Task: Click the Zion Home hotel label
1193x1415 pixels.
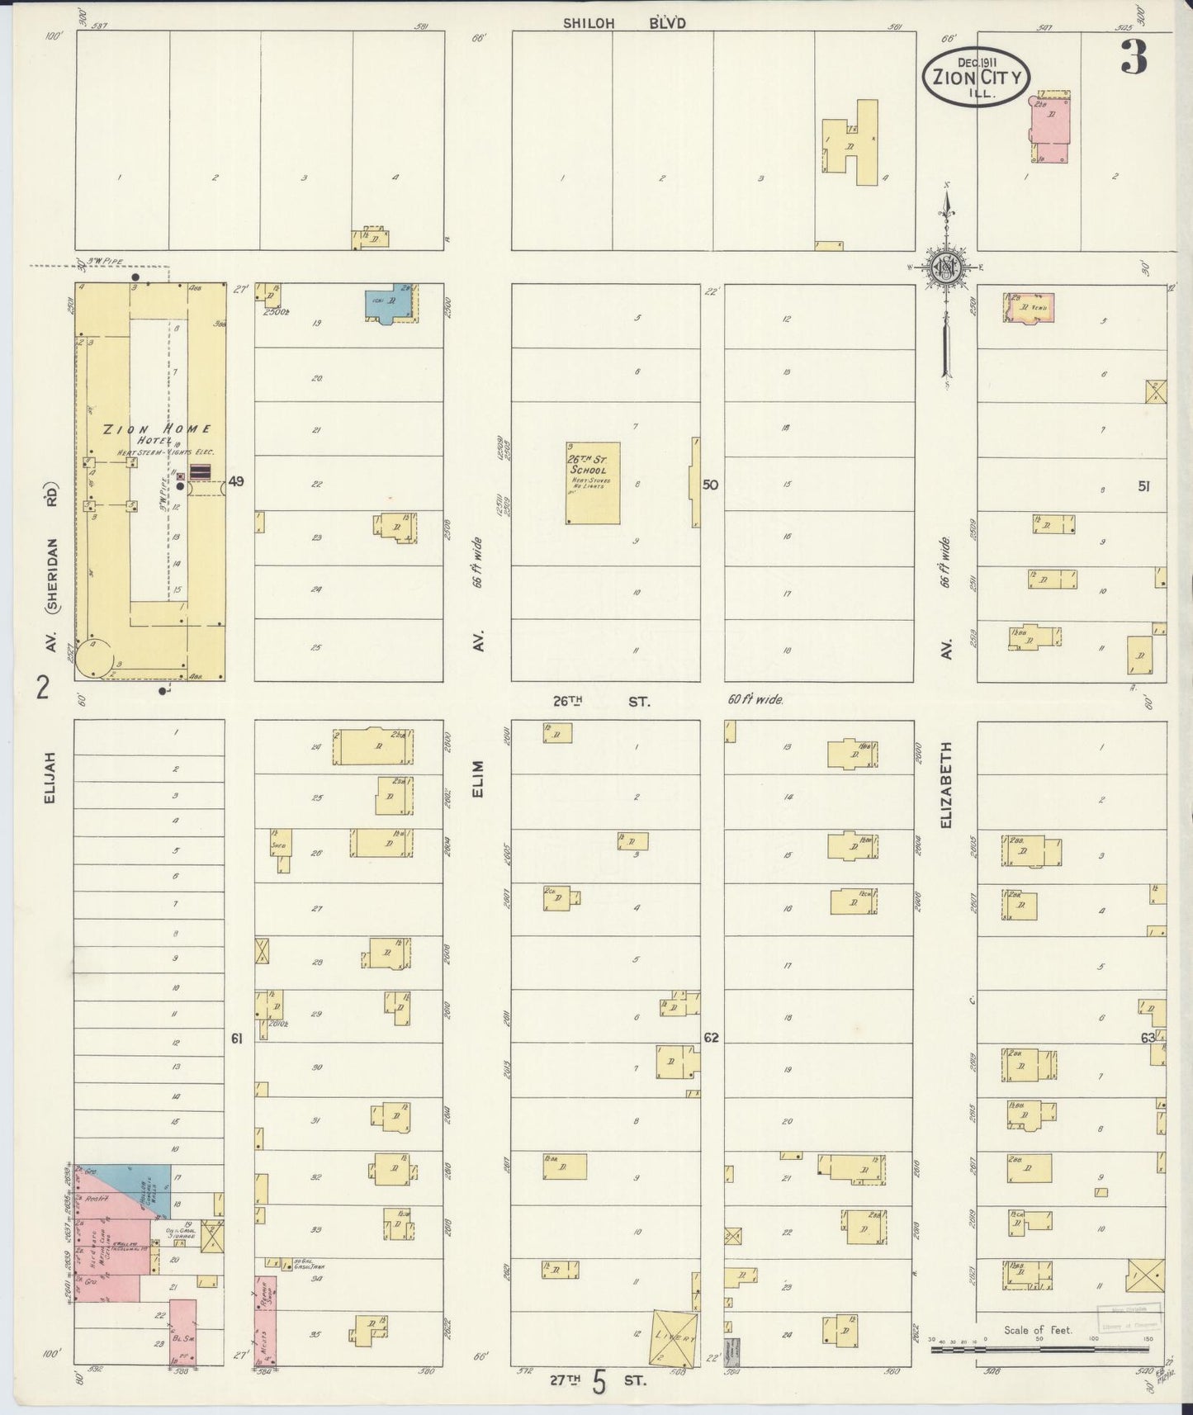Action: [157, 429]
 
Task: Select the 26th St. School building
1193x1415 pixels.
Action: [593, 483]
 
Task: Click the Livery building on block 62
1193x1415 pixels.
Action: [675, 1336]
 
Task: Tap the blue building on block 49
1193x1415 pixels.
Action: [389, 303]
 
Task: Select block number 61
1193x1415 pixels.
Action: [237, 1039]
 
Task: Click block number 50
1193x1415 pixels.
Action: [710, 485]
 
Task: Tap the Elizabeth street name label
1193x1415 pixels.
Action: [948, 785]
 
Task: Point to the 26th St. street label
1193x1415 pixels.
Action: [601, 701]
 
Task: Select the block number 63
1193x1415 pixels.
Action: [1146, 1038]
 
